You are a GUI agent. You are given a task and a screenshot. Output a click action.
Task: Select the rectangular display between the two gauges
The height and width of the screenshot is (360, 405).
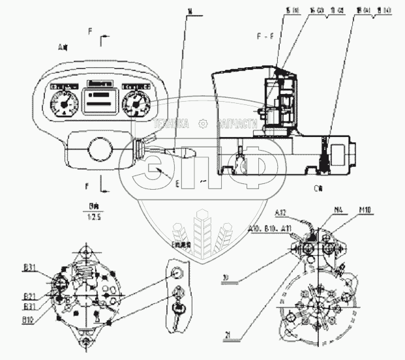click(x=100, y=100)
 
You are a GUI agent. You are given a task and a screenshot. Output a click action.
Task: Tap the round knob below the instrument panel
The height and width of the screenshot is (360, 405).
click(x=100, y=149)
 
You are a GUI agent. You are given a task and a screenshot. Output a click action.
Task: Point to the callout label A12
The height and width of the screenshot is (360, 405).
click(x=282, y=212)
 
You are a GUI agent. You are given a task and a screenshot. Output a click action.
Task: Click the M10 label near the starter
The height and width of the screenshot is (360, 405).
click(x=365, y=210)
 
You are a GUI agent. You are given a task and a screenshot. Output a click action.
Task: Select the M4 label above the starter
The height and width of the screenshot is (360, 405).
click(x=338, y=210)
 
